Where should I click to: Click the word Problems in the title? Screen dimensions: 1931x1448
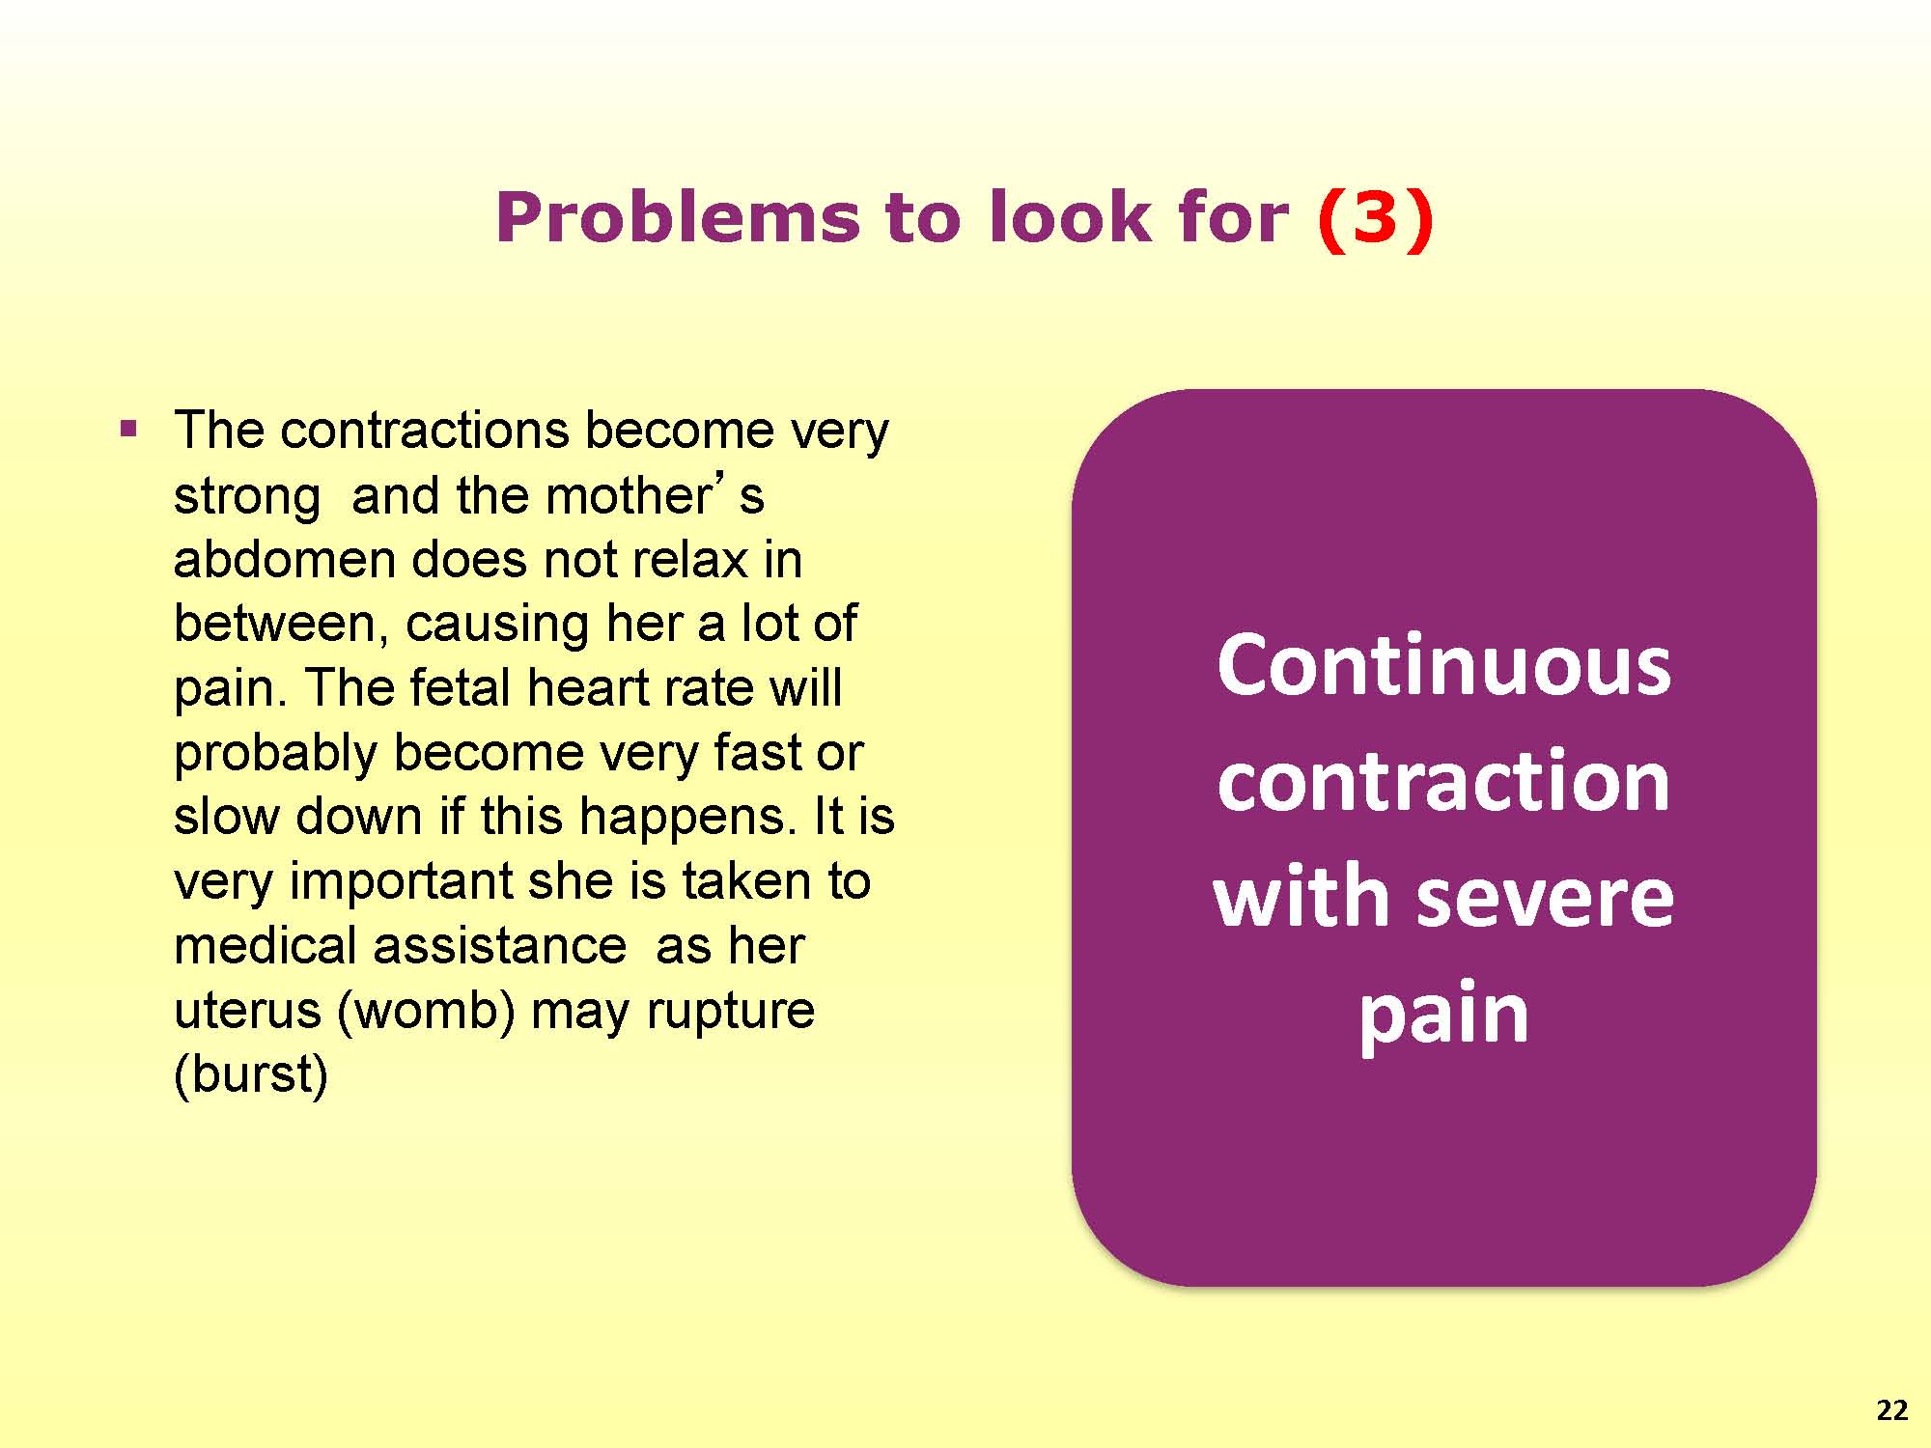pyautogui.click(x=677, y=216)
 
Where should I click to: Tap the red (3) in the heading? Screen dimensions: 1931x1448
pyautogui.click(x=1375, y=218)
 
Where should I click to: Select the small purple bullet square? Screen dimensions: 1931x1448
pyautogui.click(x=128, y=429)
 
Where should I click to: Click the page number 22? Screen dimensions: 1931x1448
pyautogui.click(x=1892, y=1410)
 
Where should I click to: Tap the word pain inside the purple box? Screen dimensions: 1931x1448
pyautogui.click(x=1443, y=1016)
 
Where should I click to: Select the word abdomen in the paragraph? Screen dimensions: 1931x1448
pyautogui.click(x=285, y=559)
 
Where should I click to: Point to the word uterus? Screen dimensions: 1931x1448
pyautogui.click(x=247, y=1011)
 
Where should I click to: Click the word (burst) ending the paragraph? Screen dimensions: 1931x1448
pyautogui.click(x=251, y=1074)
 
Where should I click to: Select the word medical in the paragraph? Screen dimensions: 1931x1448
pyautogui.click(x=266, y=945)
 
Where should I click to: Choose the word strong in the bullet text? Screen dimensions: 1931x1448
pyautogui.click(x=246, y=498)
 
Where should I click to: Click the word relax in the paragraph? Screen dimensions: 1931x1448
pyautogui.click(x=690, y=559)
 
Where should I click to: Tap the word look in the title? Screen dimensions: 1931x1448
pyautogui.click(x=1061, y=216)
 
